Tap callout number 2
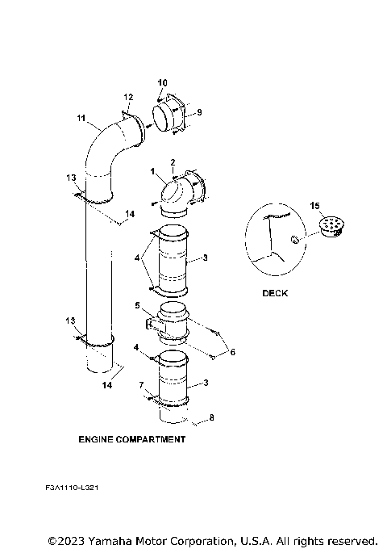pyautogui.click(x=172, y=162)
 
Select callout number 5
pyautogui.click(x=138, y=306)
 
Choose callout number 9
pyautogui.click(x=199, y=111)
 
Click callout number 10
pyautogui.click(x=162, y=83)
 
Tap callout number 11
pyautogui.click(x=81, y=119)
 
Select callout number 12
pyautogui.click(x=127, y=97)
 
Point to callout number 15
pyautogui.click(x=314, y=207)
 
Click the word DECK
pyautogui.click(x=275, y=293)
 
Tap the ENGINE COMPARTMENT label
pyautogui.click(x=131, y=440)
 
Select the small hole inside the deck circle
pyautogui.click(x=295, y=238)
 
